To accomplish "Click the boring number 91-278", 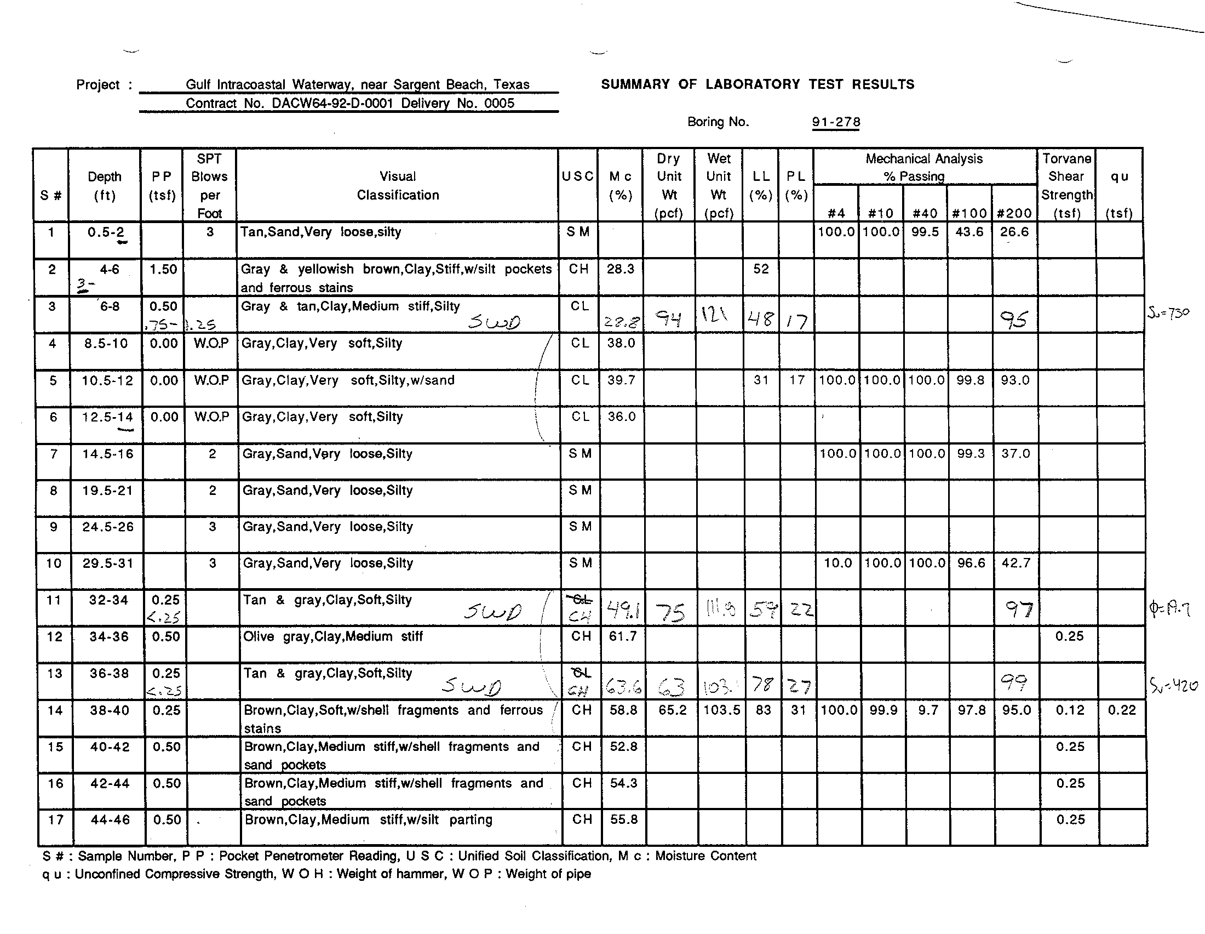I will (x=835, y=122).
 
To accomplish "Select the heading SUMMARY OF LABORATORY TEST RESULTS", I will (x=757, y=84).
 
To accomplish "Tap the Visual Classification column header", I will (x=397, y=185).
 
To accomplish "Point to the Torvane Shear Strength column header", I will (x=1066, y=185).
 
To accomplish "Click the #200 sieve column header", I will (x=1014, y=213).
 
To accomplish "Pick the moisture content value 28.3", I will (x=620, y=269).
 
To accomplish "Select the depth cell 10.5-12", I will (x=107, y=380).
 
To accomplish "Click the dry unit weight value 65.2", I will (x=672, y=710).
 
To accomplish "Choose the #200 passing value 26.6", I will (x=1014, y=232).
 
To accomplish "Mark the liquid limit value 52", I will (x=761, y=269).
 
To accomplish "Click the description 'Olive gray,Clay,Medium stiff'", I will (x=332, y=636).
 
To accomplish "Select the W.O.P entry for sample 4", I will (x=211, y=343).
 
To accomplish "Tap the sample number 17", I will (x=55, y=820).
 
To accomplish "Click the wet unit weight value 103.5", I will (x=722, y=710).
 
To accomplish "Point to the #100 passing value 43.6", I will (x=969, y=232).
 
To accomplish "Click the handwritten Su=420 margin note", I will (x=1174, y=686).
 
